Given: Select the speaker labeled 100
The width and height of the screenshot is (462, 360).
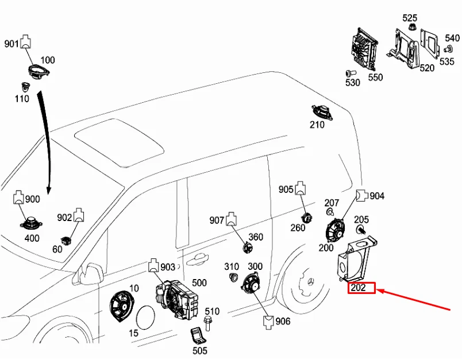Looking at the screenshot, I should [x=40, y=73].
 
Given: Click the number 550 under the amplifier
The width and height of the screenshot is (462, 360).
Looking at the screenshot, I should [x=375, y=77].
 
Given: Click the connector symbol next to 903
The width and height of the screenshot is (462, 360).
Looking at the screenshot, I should [x=154, y=266].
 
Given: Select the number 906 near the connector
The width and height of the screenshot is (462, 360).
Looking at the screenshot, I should [x=283, y=322].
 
